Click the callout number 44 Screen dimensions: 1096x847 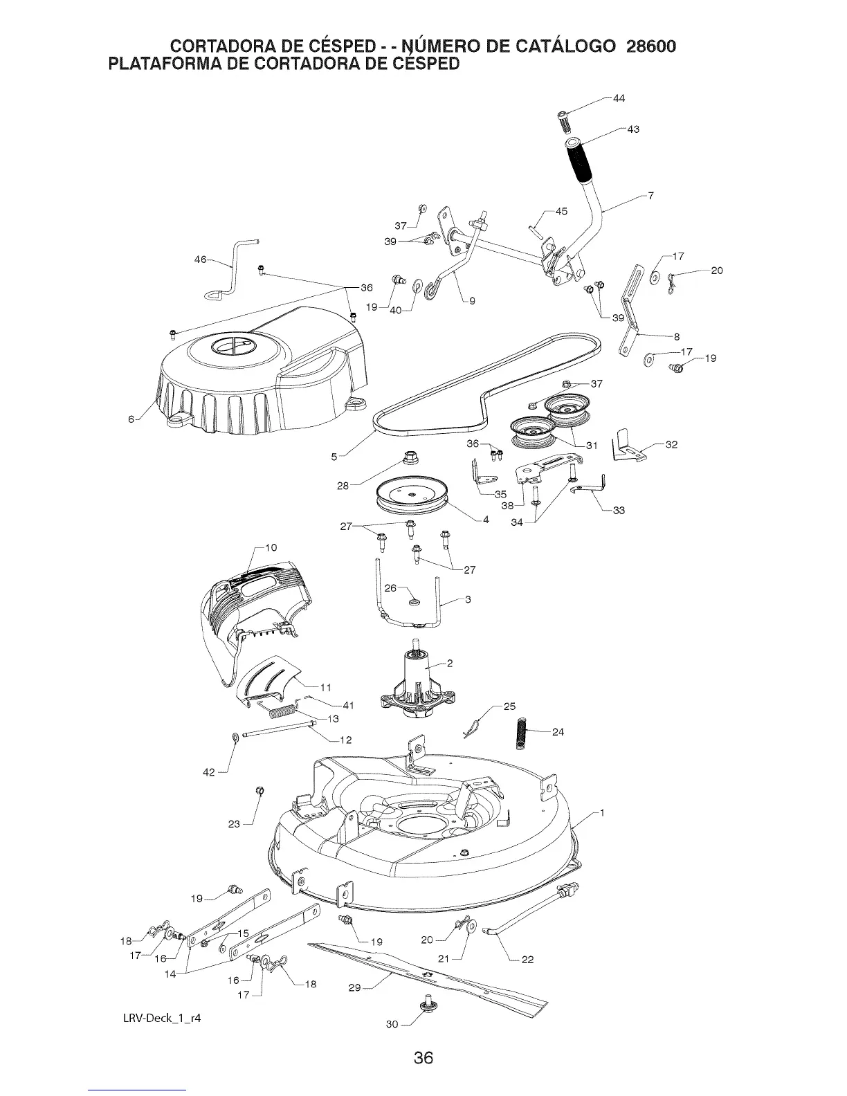619,98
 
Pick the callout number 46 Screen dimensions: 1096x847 200,260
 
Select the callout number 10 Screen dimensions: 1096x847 271,547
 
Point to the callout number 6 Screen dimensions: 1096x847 130,419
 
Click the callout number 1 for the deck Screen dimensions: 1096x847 603,813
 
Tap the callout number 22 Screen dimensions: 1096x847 527,960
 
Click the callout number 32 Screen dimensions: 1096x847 671,444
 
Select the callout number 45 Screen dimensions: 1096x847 561,211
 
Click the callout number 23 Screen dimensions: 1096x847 234,824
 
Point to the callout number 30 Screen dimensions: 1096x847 392,1025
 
